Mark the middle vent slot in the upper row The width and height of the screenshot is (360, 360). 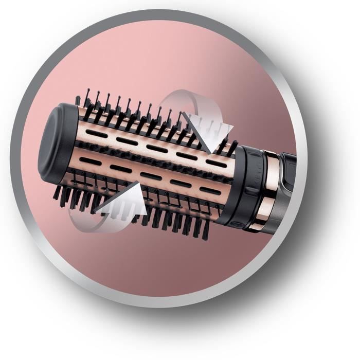(154, 148)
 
